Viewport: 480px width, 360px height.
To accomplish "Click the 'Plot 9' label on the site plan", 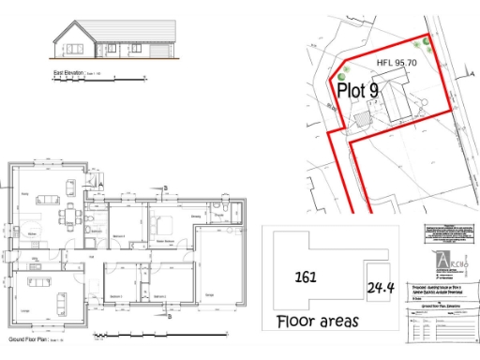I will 358,91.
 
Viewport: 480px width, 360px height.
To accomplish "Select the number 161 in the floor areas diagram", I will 305,277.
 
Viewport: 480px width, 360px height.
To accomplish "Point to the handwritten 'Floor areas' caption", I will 318,321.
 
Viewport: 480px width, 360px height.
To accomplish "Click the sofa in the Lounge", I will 61,301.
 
